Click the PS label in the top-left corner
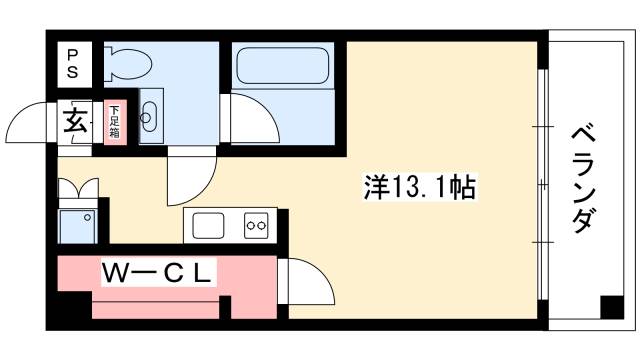[72, 63]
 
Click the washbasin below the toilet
[149, 118]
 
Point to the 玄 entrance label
[75, 121]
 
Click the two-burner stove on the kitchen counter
[258, 226]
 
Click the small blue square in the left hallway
[78, 225]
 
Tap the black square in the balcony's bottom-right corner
[609, 308]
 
